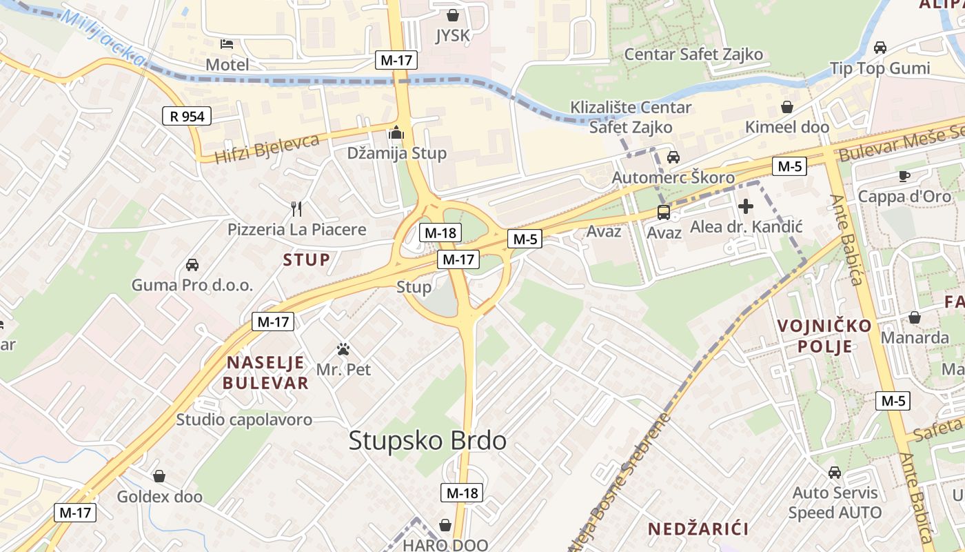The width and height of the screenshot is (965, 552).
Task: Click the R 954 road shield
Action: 187,116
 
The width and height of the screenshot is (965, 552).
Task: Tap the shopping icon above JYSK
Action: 453,14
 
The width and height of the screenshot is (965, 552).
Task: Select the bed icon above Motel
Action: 227,44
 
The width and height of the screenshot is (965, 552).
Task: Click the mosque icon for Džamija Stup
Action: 396,132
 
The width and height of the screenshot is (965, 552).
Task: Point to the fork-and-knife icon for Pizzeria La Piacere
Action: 296,208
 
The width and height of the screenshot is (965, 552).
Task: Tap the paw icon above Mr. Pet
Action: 343,349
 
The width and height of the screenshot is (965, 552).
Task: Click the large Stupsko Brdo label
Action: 427,440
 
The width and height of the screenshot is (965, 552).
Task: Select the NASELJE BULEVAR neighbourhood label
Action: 266,373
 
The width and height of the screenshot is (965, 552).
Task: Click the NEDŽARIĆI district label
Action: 698,529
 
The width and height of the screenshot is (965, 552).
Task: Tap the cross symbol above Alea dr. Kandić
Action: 746,206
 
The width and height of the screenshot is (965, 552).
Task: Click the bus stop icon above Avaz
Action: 664,212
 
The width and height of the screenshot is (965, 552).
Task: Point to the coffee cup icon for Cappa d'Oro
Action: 904,176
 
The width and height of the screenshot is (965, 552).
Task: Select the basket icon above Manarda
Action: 915,317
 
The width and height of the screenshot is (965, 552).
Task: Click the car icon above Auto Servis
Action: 835,473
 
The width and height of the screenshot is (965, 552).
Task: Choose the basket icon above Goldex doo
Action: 159,476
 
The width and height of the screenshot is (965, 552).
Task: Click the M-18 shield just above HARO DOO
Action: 461,493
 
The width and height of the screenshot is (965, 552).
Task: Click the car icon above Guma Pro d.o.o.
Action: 192,264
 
